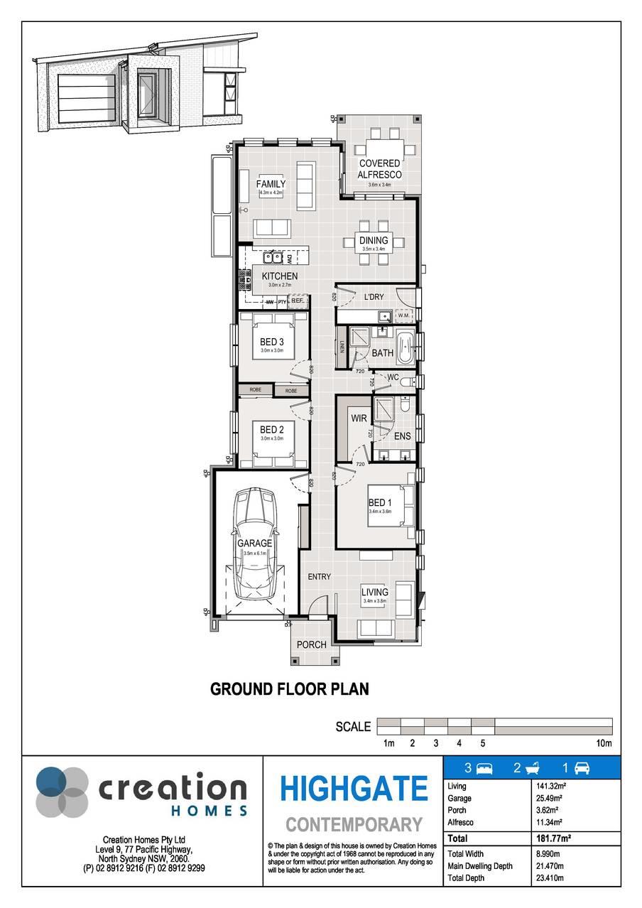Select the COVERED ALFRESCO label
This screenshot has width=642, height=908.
(x=379, y=169)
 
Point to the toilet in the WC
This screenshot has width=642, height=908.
(x=406, y=383)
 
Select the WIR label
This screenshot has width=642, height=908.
(x=359, y=418)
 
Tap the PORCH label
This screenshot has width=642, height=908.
(x=312, y=644)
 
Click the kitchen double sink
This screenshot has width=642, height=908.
(x=273, y=259)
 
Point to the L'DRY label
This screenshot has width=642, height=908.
(x=374, y=297)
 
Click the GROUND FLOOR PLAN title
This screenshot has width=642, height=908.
(x=290, y=688)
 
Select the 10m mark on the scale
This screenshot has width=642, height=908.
(x=604, y=743)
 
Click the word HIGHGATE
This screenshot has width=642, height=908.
(x=354, y=789)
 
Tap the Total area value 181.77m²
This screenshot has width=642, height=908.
(x=553, y=838)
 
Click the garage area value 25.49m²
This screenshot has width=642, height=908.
(x=551, y=799)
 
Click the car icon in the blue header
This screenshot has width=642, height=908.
(x=582, y=768)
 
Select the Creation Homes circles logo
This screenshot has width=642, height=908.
(x=62, y=791)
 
